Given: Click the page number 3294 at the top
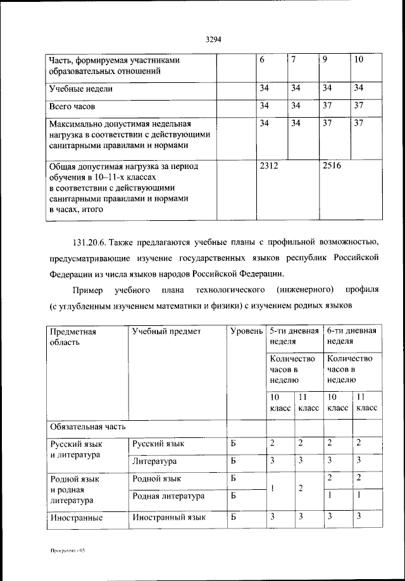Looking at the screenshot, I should point(213,40).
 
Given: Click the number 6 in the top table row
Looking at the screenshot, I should point(263,60).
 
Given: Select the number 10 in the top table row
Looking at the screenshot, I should point(359,60).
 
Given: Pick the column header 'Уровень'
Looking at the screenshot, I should point(246,331).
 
